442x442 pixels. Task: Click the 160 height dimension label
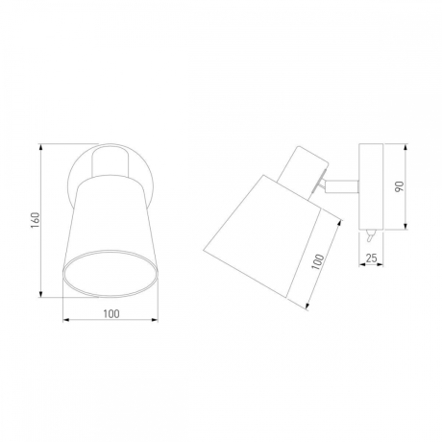click(36, 220)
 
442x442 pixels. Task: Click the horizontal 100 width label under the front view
click(111, 314)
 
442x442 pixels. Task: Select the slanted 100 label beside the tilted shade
click(318, 261)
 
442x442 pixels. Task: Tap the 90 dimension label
click(399, 186)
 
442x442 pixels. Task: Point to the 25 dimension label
click(371, 258)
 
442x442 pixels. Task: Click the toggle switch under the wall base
click(370, 236)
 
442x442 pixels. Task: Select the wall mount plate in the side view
click(371, 186)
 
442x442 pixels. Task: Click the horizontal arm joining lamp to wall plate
click(341, 186)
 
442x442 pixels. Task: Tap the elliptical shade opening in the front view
click(110, 273)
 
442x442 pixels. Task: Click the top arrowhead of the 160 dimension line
click(40, 147)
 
